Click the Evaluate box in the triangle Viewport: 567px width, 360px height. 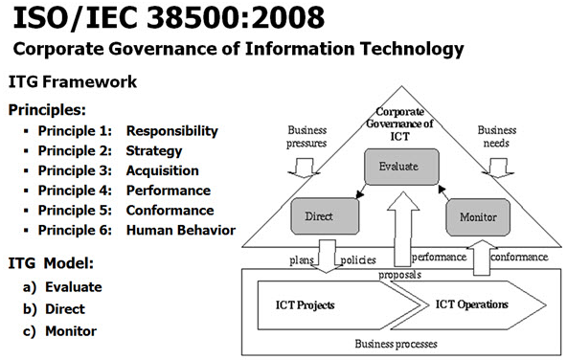401,167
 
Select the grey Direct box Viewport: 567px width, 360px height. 325,216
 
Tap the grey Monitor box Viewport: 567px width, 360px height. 478,217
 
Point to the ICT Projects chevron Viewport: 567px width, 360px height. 339,305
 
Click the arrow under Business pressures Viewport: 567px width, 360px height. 304,168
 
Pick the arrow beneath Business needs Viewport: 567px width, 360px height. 498,168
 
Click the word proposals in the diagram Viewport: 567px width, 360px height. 400,275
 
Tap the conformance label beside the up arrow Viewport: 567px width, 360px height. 519,257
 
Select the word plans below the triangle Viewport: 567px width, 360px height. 302,259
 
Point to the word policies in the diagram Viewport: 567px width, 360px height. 358,259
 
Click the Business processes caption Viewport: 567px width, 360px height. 396,344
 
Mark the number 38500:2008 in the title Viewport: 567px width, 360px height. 236,17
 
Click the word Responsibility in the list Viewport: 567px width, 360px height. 172,131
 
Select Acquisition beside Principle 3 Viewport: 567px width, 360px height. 163,170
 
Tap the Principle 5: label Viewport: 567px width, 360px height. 75,211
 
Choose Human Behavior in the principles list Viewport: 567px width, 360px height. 181,230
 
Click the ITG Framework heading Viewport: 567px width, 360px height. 73,81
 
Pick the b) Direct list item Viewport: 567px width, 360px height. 54,309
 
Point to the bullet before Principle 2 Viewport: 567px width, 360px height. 26,151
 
